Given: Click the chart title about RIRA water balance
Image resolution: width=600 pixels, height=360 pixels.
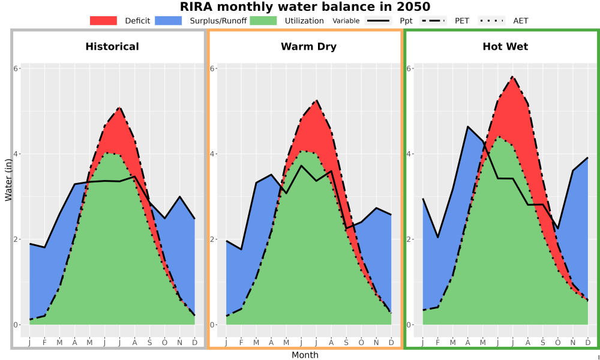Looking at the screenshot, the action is (x=305, y=7).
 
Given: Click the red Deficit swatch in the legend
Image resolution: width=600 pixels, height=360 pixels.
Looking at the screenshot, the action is (x=103, y=20).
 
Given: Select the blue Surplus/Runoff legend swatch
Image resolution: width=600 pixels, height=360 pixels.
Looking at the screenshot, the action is (x=169, y=20).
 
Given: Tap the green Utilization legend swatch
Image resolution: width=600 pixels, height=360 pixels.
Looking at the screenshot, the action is (x=263, y=20).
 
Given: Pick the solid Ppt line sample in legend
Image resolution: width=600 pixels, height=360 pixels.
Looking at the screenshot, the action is (x=377, y=20).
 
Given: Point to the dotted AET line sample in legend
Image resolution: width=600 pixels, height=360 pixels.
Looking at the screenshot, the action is (x=491, y=20).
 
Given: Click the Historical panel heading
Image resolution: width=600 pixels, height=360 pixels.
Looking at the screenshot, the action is (x=112, y=47).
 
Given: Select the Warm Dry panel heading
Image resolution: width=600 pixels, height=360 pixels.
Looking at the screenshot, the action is (x=309, y=47).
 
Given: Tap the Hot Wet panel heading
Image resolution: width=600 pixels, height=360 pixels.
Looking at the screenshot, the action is (x=505, y=47).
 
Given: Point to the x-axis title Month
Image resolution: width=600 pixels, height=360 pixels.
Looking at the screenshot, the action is (x=305, y=355).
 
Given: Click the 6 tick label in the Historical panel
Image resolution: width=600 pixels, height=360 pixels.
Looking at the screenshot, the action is (x=16, y=68).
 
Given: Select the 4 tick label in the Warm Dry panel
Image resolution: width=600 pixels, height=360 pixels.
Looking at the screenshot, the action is (x=213, y=154).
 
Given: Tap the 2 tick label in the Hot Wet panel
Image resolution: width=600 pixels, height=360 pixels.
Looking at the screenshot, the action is (x=409, y=239).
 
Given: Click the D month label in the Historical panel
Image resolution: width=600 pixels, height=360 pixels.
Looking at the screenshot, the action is (x=195, y=343).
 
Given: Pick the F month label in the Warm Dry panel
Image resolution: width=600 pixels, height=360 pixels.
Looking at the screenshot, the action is (x=241, y=343).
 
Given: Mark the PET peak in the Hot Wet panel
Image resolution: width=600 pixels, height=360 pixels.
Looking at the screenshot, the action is (x=512, y=77).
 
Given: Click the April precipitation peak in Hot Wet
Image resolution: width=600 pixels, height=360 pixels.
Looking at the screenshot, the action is (x=467, y=126).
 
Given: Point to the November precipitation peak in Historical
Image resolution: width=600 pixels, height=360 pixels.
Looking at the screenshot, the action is (x=180, y=197).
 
